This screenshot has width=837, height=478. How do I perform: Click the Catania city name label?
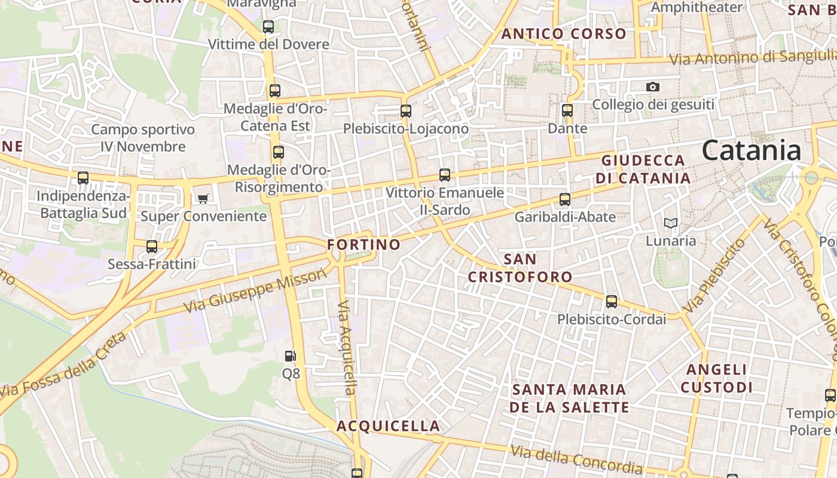pos(752,150)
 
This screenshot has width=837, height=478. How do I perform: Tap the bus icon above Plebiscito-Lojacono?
pos(406,111)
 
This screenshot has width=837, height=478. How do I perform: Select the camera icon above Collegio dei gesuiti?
pos(653,87)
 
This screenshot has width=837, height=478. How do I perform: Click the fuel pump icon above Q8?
pos(290,356)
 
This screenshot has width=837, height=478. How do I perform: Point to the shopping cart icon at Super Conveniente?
pos(203,198)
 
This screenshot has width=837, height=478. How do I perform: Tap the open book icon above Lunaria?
pos(671,223)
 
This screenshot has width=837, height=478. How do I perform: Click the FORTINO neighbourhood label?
pos(363,244)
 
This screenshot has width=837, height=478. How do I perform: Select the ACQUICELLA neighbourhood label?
pos(388,426)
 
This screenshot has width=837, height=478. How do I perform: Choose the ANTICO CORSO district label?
pos(564,33)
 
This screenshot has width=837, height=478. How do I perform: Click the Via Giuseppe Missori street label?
pos(256,291)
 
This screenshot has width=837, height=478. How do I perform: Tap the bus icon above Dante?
pos(567,110)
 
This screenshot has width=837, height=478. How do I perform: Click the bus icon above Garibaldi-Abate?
pos(565,199)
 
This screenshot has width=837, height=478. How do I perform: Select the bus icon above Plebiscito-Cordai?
pos(611,302)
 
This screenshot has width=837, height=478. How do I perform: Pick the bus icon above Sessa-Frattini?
pos(152,246)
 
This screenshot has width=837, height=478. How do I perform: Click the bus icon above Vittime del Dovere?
pos(268,26)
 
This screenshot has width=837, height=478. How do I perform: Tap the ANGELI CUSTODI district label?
pos(716,378)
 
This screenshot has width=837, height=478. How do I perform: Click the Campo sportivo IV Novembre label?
pos(143,138)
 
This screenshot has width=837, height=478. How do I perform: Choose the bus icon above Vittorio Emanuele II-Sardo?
pos(444,174)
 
